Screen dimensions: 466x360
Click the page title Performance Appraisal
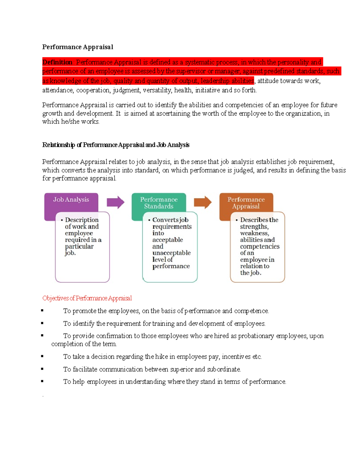[x=77, y=47]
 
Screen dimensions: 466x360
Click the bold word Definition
[x=57, y=62]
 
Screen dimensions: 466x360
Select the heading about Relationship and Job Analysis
[x=115, y=145]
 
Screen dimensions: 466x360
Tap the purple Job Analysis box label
[x=71, y=200]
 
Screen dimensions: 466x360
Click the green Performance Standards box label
[x=159, y=203]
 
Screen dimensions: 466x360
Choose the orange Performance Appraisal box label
[x=246, y=203]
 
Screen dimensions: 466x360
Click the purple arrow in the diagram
[x=115, y=202]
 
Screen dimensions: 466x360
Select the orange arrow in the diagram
[x=202, y=202]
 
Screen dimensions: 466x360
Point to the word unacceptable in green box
[x=171, y=253]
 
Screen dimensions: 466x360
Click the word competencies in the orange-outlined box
[x=259, y=246]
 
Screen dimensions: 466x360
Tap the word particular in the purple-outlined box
[x=79, y=246]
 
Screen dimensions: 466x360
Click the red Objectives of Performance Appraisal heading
[x=87, y=298]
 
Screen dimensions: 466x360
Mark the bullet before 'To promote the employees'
[x=42, y=311]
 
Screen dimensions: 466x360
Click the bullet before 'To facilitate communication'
[x=42, y=369]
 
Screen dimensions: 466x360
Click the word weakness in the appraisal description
[x=254, y=233]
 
